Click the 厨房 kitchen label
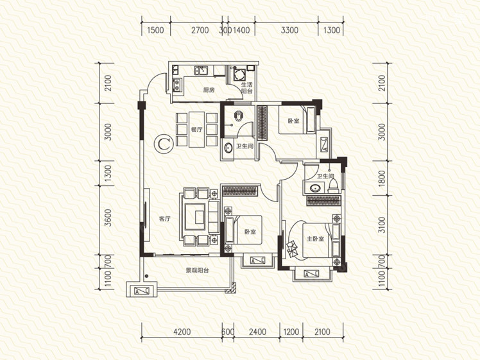tap(209, 90)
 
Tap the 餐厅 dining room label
tap(197, 130)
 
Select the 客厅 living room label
tap(165, 219)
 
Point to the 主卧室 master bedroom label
tap(315, 239)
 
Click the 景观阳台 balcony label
tap(198, 270)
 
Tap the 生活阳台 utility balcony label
tap(246, 88)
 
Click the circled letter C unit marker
tap(164, 144)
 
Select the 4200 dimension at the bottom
tap(182, 332)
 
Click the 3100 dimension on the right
tap(381, 225)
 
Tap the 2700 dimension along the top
tap(200, 30)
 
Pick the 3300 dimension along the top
tap(289, 30)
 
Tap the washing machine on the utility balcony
tap(239, 74)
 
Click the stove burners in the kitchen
tap(177, 85)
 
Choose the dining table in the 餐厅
tap(196, 130)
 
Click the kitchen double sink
tap(201, 71)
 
